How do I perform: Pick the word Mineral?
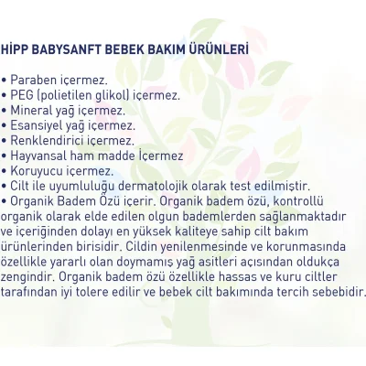click(x=34, y=110)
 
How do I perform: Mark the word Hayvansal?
click(x=42, y=155)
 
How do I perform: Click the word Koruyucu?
click(x=39, y=170)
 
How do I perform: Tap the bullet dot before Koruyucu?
click(x=5, y=170)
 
